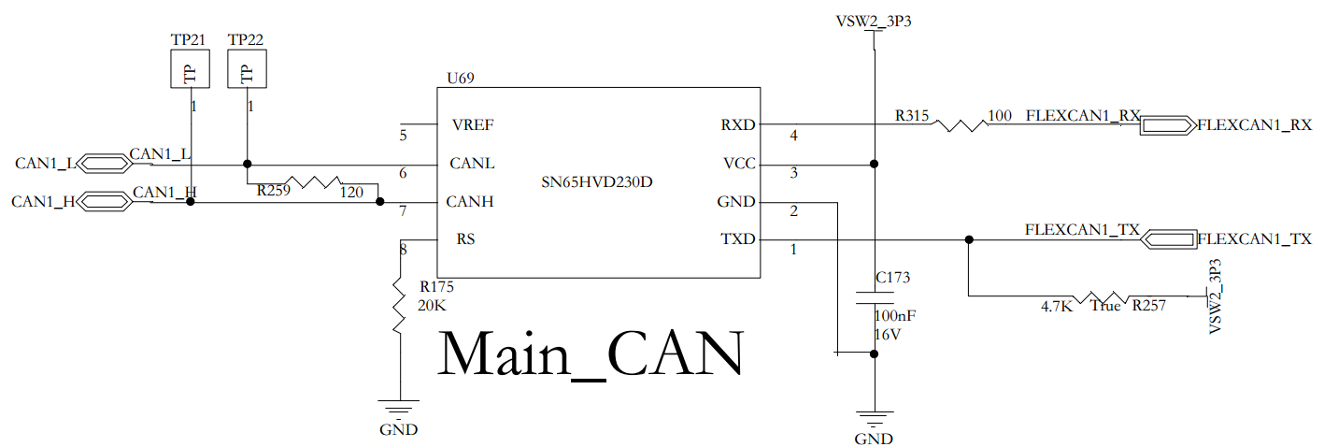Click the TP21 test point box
point(190,69)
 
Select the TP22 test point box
point(248,69)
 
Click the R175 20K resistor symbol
point(399,304)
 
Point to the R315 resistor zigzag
point(958,123)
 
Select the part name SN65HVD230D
point(597,181)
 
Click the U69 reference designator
point(462,79)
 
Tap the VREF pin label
point(473,125)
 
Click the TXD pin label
point(738,239)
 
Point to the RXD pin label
point(738,124)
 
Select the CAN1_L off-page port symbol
point(102,164)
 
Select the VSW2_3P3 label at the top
point(874,22)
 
